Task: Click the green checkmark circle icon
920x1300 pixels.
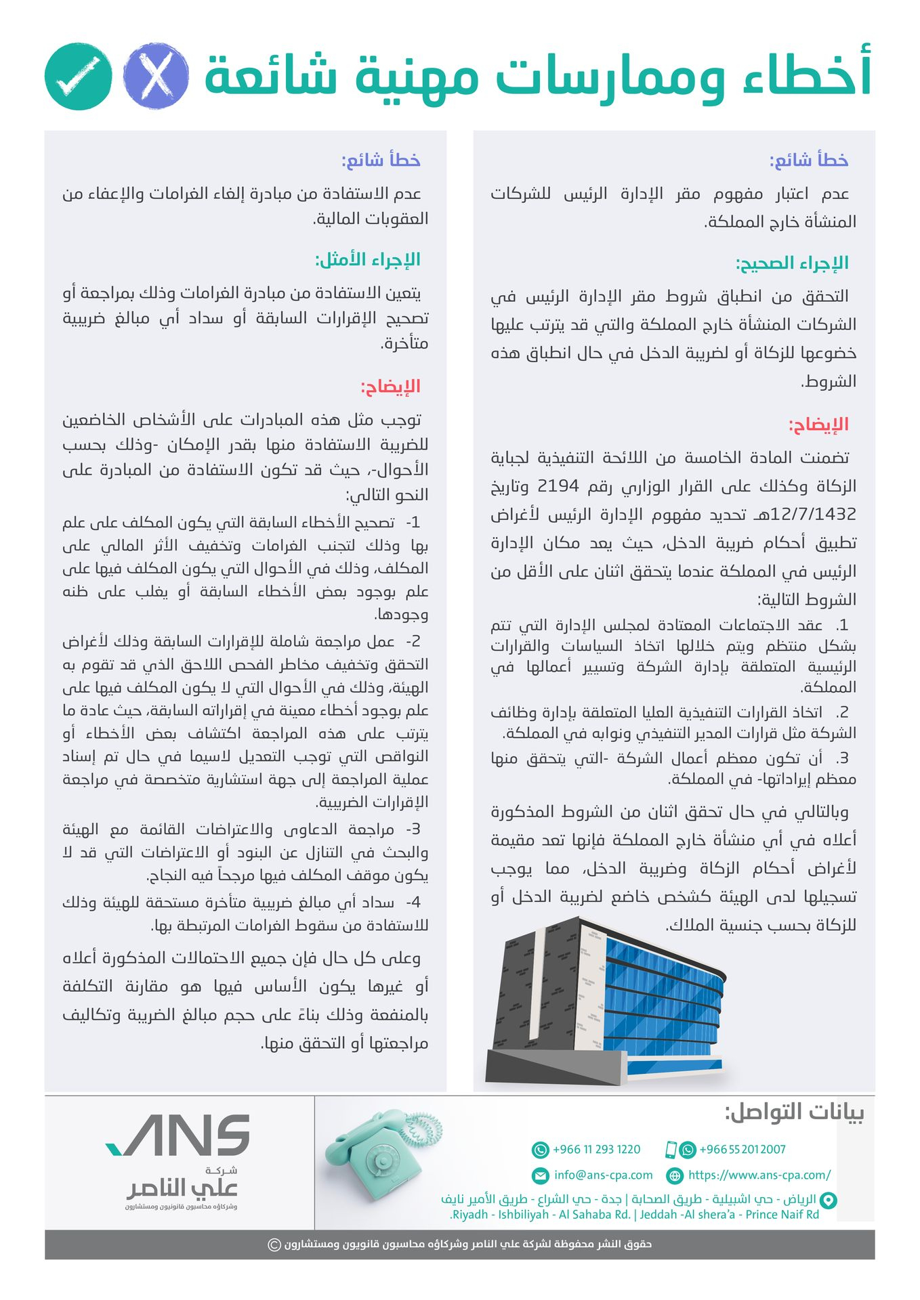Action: (x=78, y=76)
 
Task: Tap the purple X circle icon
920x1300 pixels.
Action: (x=155, y=76)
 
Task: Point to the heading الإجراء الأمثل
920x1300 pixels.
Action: (x=367, y=259)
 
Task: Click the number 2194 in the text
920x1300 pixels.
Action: (x=558, y=485)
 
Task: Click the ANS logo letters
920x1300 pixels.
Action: (x=180, y=1135)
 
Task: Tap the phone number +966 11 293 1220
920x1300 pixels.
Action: (x=596, y=1149)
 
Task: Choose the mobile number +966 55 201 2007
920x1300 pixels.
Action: (x=742, y=1149)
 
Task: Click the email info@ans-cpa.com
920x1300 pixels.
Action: (x=603, y=1175)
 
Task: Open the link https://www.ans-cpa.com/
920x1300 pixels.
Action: (x=759, y=1175)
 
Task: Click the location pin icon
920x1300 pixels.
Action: (x=828, y=1200)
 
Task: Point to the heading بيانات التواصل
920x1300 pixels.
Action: (x=794, y=1112)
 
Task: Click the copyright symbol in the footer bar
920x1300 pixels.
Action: (x=274, y=1244)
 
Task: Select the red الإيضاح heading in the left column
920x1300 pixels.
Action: (x=390, y=386)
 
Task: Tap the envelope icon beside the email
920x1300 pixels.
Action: (x=541, y=1175)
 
